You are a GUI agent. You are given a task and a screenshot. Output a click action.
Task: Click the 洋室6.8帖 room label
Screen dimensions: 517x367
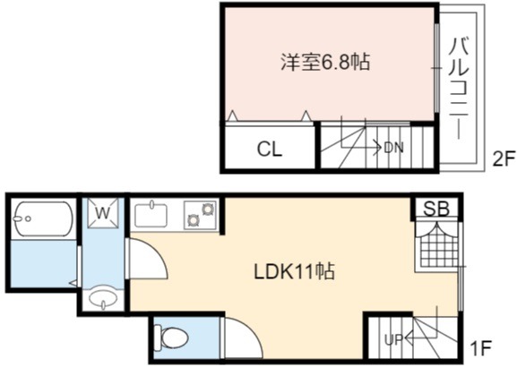point(325,62)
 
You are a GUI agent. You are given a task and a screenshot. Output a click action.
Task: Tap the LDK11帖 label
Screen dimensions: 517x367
point(295,271)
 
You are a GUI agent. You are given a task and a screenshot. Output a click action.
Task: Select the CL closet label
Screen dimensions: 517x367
point(270,149)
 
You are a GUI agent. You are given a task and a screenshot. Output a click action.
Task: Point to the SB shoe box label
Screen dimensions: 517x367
point(436,209)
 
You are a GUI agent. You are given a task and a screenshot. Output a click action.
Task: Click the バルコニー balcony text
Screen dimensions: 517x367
point(460,88)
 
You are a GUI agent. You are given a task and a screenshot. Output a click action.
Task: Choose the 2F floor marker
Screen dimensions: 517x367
point(503,160)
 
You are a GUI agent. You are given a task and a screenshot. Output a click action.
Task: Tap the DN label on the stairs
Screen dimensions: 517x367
point(393,148)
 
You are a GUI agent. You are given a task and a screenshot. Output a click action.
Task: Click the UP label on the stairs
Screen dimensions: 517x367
point(393,339)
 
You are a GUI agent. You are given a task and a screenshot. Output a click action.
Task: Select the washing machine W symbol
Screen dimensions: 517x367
point(103,213)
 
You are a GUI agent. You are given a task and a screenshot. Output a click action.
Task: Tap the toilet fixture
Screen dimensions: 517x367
point(171,337)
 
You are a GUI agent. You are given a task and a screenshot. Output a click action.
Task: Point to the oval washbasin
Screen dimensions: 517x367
point(104,300)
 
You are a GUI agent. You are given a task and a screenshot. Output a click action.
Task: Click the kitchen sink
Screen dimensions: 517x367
point(151,215)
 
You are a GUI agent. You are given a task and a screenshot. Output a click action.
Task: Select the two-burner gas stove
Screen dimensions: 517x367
point(200,215)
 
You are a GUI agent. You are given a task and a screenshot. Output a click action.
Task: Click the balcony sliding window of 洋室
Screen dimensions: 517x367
point(436,68)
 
